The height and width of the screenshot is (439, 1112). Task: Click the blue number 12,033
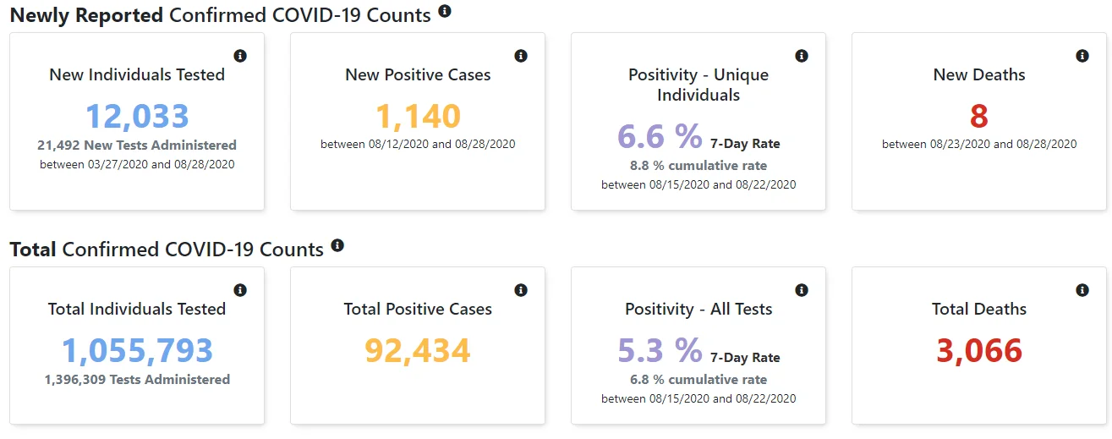[x=137, y=116]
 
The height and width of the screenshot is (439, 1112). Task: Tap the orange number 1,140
[x=418, y=116]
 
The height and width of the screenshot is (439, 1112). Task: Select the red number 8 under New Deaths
[x=979, y=116]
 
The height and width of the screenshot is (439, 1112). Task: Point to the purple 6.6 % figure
[x=660, y=136]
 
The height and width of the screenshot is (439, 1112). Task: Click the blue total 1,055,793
[x=137, y=350]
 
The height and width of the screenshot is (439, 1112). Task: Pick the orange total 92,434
[x=418, y=350]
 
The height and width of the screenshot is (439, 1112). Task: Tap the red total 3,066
[x=979, y=350]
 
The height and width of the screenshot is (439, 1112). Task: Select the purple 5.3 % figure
[x=660, y=350]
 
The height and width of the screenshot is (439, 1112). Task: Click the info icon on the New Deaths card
[x=1082, y=56]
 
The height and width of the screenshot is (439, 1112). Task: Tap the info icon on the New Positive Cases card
[x=521, y=56]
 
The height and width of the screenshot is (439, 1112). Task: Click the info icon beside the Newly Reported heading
[x=444, y=11]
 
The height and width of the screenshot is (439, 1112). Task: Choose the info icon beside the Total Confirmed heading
[x=337, y=245]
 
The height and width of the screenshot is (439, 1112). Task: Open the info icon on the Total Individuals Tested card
[x=240, y=290]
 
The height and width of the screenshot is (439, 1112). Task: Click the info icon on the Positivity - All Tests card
[x=802, y=290]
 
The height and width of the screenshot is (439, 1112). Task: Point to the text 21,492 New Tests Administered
[x=137, y=145]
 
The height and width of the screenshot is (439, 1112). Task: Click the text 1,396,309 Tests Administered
[x=137, y=380]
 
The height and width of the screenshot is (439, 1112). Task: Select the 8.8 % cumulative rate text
[x=698, y=166]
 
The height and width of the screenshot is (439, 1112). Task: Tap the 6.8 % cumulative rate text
[x=698, y=380]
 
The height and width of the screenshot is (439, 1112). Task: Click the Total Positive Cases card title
[x=418, y=309]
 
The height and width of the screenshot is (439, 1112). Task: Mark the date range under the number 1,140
[x=418, y=144]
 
